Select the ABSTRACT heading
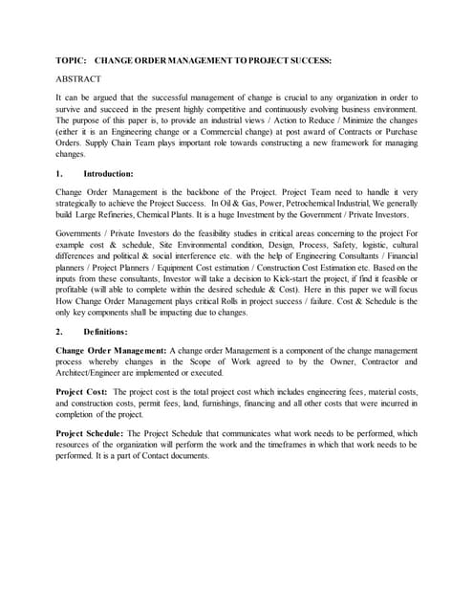[78, 78]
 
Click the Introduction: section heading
[108, 174]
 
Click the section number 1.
[59, 174]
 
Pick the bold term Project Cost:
[81, 393]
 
